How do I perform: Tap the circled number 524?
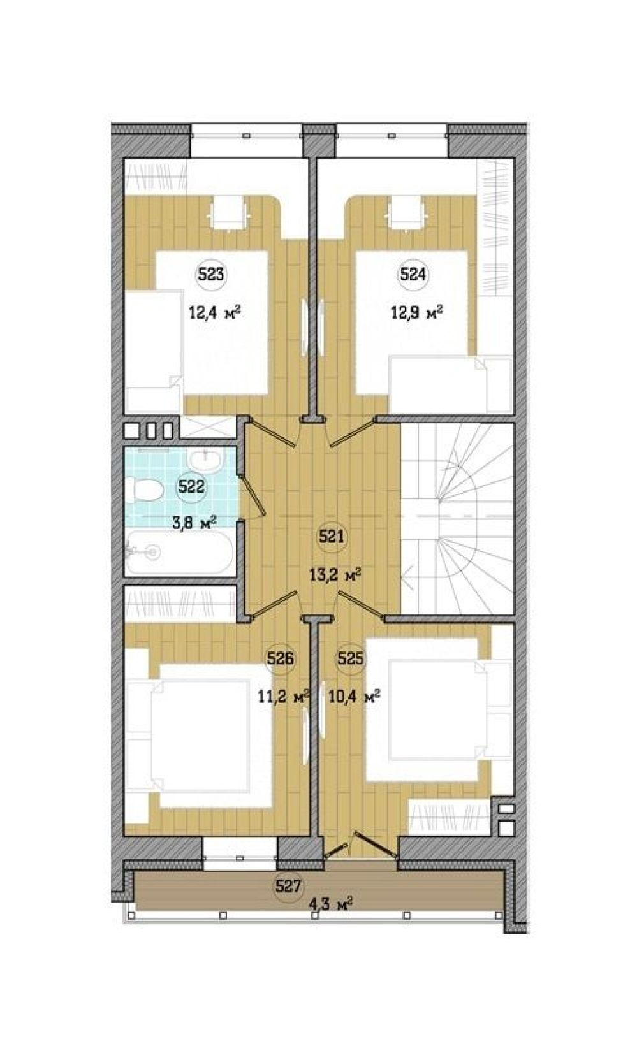[x=413, y=275]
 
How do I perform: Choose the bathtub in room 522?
[x=180, y=553]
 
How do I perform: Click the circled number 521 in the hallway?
[x=331, y=537]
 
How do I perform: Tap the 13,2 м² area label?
[x=335, y=576]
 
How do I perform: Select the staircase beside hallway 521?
[x=457, y=519]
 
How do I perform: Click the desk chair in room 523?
[x=228, y=212]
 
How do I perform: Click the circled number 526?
[x=280, y=659]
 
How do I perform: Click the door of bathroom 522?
[x=253, y=497]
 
